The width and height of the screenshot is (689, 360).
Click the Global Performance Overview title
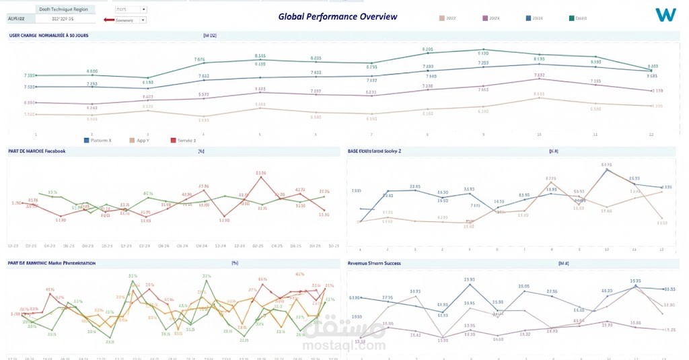(337, 17)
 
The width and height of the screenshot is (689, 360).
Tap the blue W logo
(665, 14)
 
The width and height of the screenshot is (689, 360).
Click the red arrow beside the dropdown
(108, 20)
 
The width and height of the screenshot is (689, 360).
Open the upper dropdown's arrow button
(143, 10)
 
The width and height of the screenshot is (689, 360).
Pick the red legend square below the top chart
(173, 140)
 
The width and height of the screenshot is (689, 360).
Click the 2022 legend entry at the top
(447, 18)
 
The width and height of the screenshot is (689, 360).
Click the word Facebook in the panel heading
(55, 151)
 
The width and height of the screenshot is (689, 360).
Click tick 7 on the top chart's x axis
(371, 135)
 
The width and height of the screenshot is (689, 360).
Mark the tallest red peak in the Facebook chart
(260, 178)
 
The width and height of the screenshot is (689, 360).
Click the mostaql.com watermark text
(344, 346)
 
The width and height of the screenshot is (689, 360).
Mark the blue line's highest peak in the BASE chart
(607, 170)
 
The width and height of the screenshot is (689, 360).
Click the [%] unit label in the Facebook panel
(201, 151)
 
